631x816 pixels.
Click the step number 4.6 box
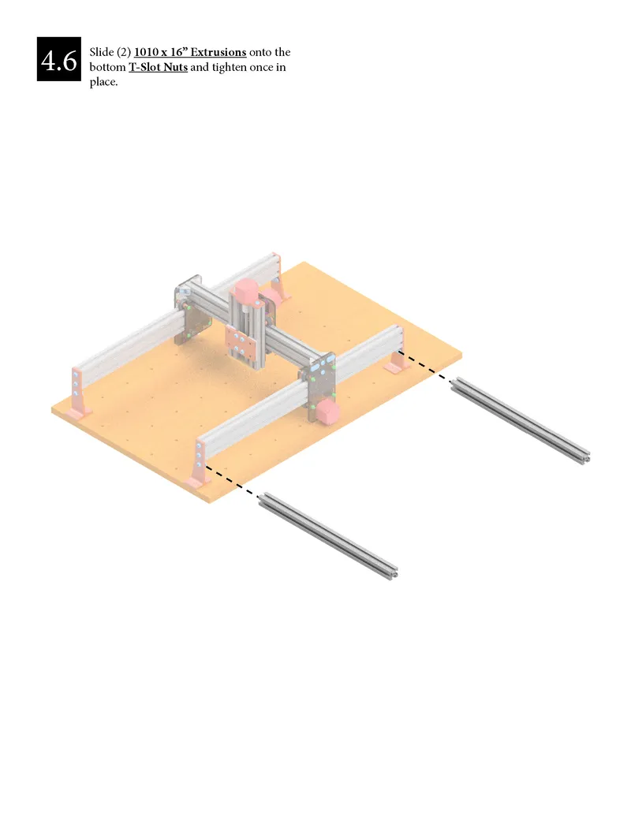pos(59,59)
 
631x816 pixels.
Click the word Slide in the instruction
pos(101,52)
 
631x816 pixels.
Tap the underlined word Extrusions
pos(218,52)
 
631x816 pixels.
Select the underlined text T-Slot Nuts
pos(159,67)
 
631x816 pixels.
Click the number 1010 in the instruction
pos(146,52)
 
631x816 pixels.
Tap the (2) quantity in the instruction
pos(123,52)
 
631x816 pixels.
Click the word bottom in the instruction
pos(108,67)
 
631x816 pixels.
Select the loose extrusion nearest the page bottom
pos(329,536)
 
